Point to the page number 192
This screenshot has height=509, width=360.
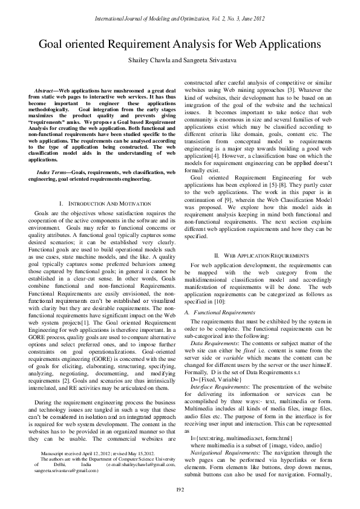[180, 488]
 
